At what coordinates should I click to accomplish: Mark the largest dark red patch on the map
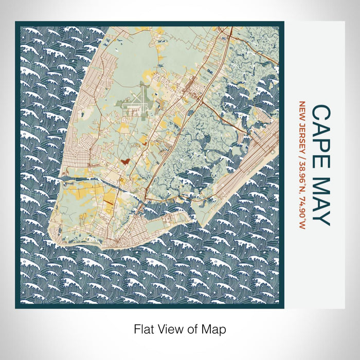pos(124,161)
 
